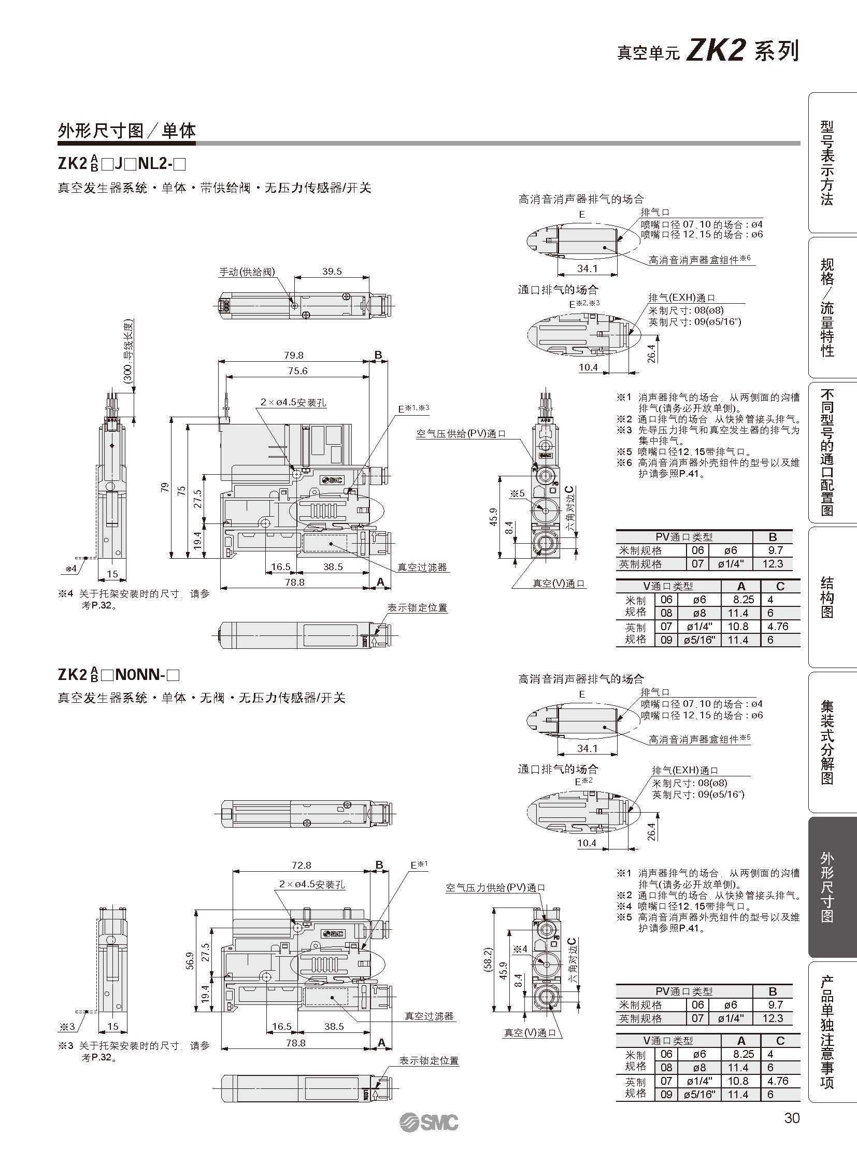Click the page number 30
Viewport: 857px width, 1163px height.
click(792, 1117)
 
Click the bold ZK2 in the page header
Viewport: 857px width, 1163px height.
click(716, 51)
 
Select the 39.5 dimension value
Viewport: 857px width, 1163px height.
click(332, 271)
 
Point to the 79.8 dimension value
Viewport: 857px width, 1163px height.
click(294, 355)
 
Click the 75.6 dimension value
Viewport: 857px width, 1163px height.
click(298, 371)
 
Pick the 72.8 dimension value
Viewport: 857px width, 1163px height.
click(302, 864)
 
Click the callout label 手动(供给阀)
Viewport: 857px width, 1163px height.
click(247, 272)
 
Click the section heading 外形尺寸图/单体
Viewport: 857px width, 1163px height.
click(126, 131)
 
